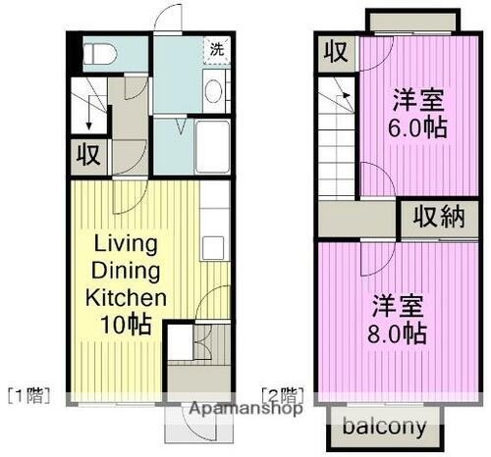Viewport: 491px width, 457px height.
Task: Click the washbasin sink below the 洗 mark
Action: point(214,90)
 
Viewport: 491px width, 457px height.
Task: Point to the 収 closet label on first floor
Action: point(87,155)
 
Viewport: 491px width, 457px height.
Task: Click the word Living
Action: point(129,243)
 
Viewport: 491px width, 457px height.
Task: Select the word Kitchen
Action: point(129,296)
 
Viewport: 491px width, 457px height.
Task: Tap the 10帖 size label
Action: point(129,324)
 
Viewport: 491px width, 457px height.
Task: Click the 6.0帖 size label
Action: point(418,127)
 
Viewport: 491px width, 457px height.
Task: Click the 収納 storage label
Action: point(437,218)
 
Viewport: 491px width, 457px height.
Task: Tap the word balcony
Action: point(384,427)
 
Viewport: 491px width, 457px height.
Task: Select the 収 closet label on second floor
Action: point(336,51)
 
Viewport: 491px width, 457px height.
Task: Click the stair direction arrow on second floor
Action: point(344,98)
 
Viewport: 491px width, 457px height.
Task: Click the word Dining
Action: point(129,270)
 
